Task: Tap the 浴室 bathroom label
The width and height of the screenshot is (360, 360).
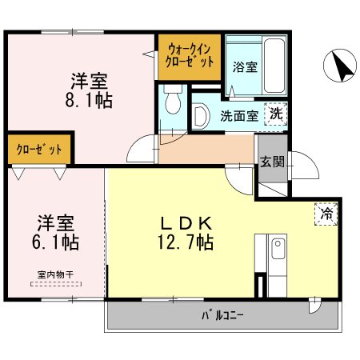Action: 244,67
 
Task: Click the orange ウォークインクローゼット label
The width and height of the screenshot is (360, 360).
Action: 190,55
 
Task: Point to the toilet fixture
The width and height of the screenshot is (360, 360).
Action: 172,102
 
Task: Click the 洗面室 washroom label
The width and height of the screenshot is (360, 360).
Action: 238,115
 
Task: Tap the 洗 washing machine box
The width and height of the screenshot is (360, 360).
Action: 276,114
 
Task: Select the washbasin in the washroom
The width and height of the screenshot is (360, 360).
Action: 201,115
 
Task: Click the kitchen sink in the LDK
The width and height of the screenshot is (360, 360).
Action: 277,250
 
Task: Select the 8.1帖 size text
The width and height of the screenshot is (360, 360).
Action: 89,101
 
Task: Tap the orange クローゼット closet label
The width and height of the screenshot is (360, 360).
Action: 39,150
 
